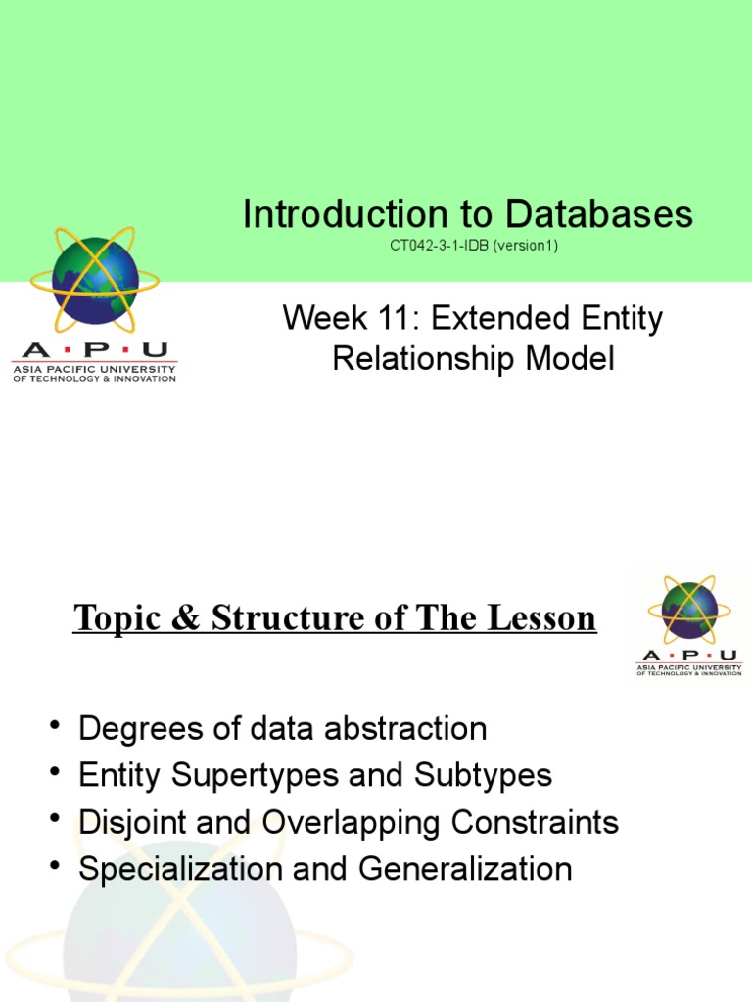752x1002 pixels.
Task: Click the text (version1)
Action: (526, 246)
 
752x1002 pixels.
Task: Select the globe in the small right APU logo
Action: (689, 609)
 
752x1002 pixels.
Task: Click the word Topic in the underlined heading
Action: (113, 618)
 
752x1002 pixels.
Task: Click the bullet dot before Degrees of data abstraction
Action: (53, 726)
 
